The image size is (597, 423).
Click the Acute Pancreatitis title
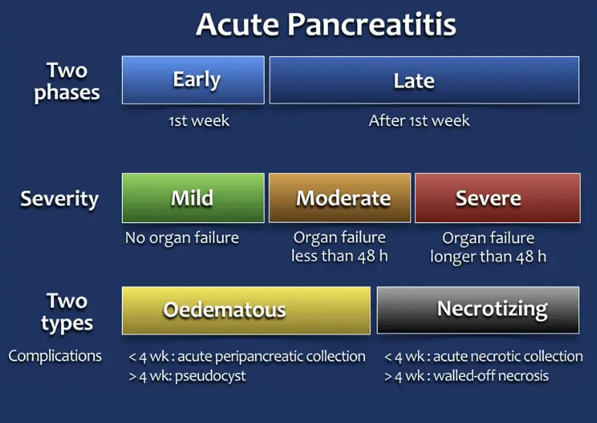pyautogui.click(x=326, y=25)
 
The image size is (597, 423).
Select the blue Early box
pyautogui.click(x=193, y=80)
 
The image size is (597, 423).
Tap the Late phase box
pyautogui.click(x=424, y=80)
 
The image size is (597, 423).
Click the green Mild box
pyautogui.click(x=193, y=198)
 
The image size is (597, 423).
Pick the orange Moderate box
pyautogui.click(x=339, y=198)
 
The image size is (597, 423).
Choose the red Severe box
pyautogui.click(x=497, y=198)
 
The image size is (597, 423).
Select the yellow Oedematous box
pyautogui.click(x=246, y=310)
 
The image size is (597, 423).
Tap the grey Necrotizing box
pyautogui.click(x=477, y=310)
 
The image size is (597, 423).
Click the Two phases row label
pyautogui.click(x=67, y=82)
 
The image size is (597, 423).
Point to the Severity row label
pyautogui.click(x=59, y=199)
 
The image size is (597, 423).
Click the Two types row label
pyautogui.click(x=67, y=312)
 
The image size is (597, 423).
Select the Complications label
pyautogui.click(x=56, y=356)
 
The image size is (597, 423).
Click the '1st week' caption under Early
pyautogui.click(x=199, y=121)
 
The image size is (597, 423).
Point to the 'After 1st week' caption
pyautogui.click(x=419, y=121)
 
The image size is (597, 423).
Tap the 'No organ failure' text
pyautogui.click(x=182, y=239)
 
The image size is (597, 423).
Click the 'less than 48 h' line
pyautogui.click(x=339, y=256)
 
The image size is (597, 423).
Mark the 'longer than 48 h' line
pyautogui.click(x=488, y=257)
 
